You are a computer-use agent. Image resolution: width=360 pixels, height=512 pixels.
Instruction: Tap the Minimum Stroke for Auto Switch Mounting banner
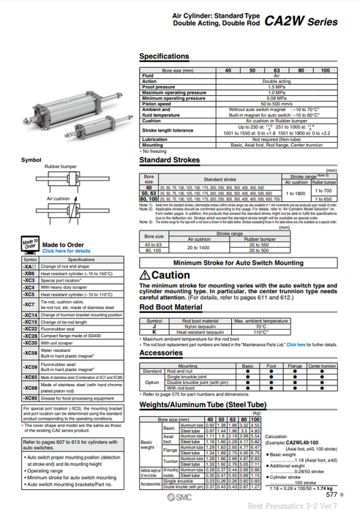[239, 261]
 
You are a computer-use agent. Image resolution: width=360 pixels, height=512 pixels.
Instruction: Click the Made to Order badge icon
[30, 244]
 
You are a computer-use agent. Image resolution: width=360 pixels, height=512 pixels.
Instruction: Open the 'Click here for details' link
[67, 251]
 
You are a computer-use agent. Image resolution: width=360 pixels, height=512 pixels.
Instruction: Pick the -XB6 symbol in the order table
[29, 273]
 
